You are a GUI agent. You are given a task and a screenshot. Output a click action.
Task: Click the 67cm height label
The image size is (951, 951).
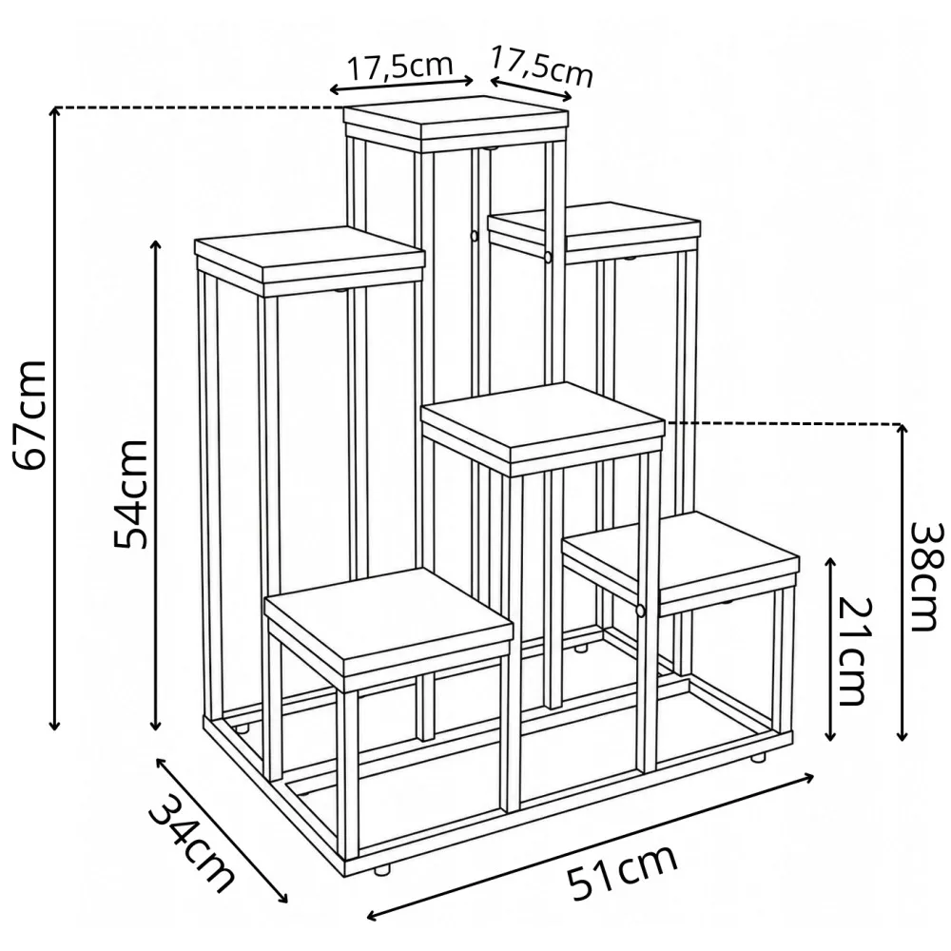[30, 416]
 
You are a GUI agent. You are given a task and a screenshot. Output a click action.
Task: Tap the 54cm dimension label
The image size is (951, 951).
[130, 494]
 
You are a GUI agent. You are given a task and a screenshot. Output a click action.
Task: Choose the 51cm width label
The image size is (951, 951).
[621, 871]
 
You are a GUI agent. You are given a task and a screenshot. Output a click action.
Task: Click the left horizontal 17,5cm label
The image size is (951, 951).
[399, 66]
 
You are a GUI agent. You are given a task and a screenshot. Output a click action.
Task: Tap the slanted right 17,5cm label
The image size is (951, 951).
[542, 67]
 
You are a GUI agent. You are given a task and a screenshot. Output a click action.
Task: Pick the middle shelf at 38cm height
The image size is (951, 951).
[543, 428]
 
